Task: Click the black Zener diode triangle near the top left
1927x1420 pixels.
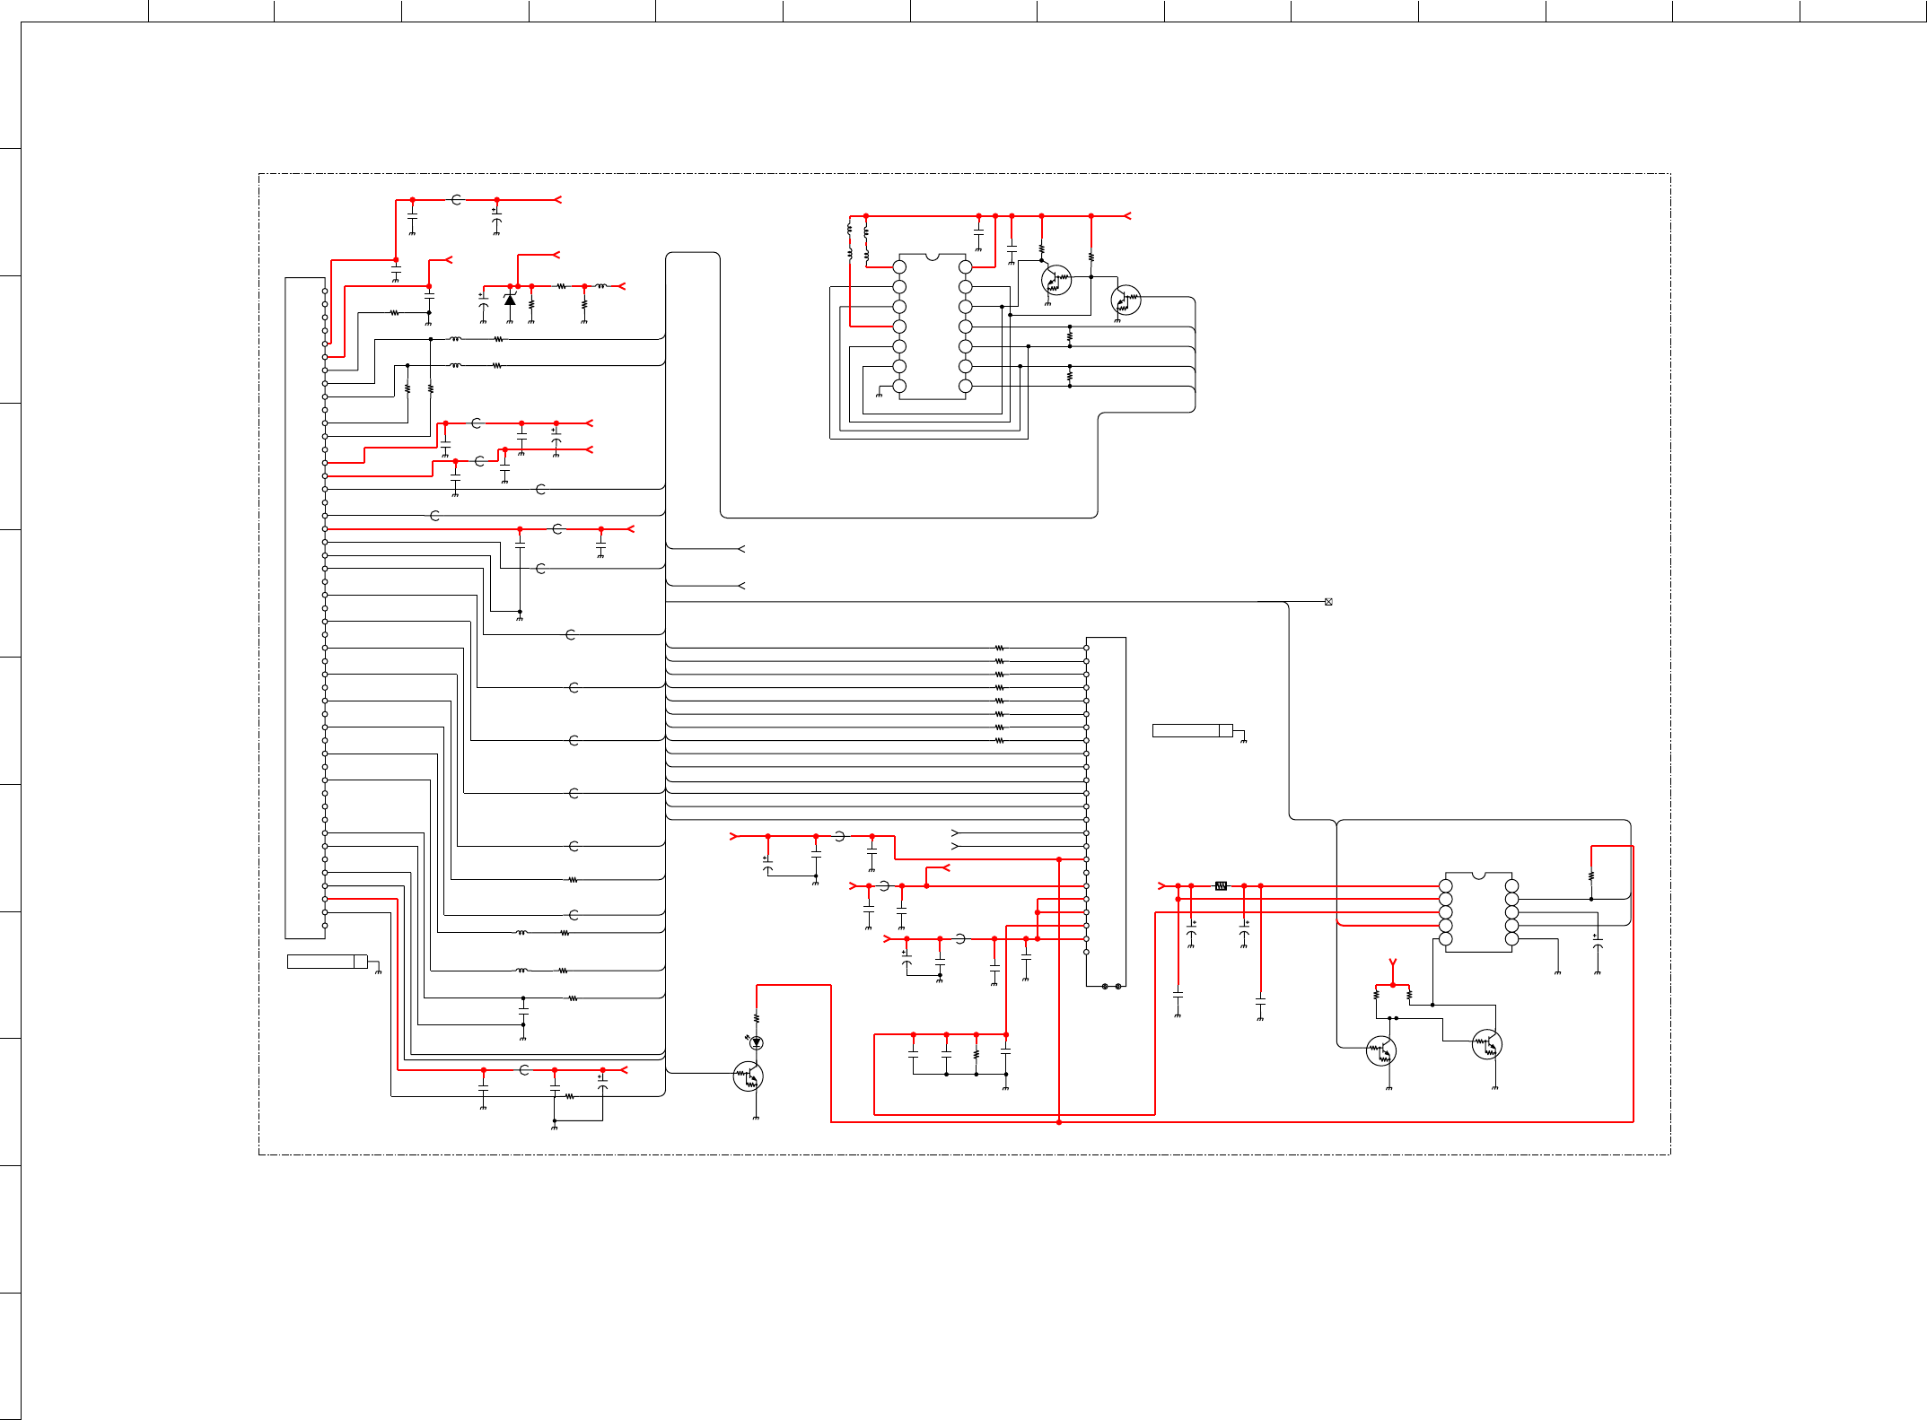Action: [x=510, y=300]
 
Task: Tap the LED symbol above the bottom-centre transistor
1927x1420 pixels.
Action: [x=757, y=1042]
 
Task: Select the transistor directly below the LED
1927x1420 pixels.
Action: [x=749, y=1076]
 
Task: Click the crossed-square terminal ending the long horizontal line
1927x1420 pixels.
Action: [x=1328, y=602]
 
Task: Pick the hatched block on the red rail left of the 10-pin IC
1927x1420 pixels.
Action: [x=1221, y=885]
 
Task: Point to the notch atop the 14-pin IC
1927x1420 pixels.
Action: [x=933, y=257]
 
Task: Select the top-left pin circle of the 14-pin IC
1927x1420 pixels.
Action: [x=899, y=267]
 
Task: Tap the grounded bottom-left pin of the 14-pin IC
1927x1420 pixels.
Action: [x=899, y=387]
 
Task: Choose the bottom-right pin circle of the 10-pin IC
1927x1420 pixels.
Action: [x=1511, y=939]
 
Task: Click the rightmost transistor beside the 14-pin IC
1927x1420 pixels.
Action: [x=1126, y=300]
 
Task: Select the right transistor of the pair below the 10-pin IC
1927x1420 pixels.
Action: [x=1487, y=1045]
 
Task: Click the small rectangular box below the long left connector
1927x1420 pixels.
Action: [x=327, y=962]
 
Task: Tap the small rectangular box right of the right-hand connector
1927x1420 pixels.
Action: [x=1192, y=730]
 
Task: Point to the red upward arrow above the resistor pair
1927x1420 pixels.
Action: [x=1393, y=965]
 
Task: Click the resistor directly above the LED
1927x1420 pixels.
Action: [x=757, y=1018]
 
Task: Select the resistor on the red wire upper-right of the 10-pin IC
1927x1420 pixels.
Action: [x=1591, y=876]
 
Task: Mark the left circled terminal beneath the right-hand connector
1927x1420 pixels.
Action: [x=1105, y=986]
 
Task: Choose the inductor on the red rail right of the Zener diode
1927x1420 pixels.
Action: [x=601, y=286]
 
